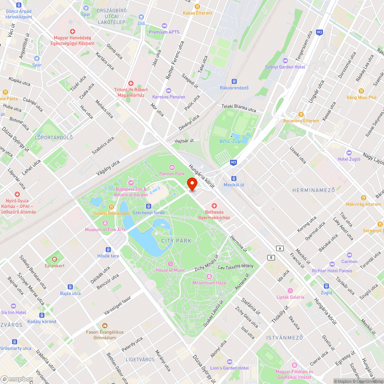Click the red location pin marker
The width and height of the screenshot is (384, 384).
pyautogui.click(x=191, y=183)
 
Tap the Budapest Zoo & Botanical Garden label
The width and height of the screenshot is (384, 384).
pyautogui.click(x=132, y=192)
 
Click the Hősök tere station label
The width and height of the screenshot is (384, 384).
pyautogui.click(x=108, y=256)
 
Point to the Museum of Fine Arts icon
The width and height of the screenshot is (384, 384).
pyautogui.click(x=105, y=223)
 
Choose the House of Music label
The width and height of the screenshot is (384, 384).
pyautogui.click(x=170, y=270)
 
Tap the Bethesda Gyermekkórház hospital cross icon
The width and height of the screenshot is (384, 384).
pyautogui.click(x=214, y=206)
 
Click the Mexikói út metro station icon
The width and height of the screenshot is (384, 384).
pyautogui.click(x=234, y=178)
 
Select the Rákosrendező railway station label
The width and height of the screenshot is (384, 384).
pyautogui.click(x=234, y=88)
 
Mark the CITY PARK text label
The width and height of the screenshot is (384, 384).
pyautogui.click(x=176, y=241)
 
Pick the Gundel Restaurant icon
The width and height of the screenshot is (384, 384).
pyautogui.click(x=111, y=207)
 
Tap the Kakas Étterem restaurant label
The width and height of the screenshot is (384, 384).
pyautogui.click(x=197, y=13)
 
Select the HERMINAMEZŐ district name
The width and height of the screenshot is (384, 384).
pyautogui.click(x=313, y=190)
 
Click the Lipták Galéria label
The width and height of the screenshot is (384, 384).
pyautogui.click(x=290, y=297)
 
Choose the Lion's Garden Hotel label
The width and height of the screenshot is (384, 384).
pyautogui.click(x=229, y=368)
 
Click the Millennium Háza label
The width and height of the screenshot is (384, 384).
pyautogui.click(x=209, y=283)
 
